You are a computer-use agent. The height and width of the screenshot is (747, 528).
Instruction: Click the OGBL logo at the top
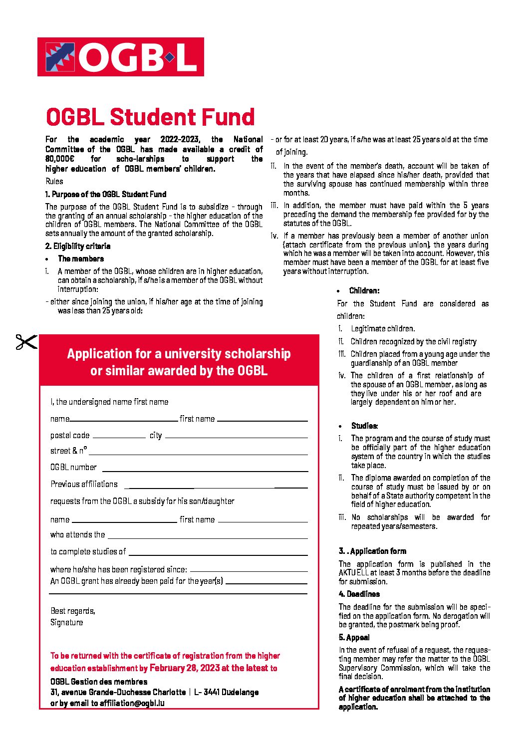click(120, 57)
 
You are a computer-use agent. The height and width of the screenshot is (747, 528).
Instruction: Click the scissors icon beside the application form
click(26, 342)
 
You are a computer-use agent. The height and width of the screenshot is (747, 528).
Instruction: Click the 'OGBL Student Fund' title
click(150, 117)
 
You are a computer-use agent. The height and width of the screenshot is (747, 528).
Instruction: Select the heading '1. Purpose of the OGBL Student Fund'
click(106, 194)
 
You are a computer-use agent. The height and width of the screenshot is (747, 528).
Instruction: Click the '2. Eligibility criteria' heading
click(78, 246)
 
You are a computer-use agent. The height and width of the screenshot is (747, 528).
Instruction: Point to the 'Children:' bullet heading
click(364, 290)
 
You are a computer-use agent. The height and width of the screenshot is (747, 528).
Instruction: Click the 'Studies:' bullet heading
click(364, 426)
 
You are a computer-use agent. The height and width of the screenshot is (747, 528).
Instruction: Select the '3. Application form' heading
click(373, 551)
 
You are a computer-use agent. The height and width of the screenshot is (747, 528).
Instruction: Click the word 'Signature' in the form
click(67, 622)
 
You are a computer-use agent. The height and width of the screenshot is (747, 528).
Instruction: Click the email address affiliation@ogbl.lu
click(132, 703)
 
